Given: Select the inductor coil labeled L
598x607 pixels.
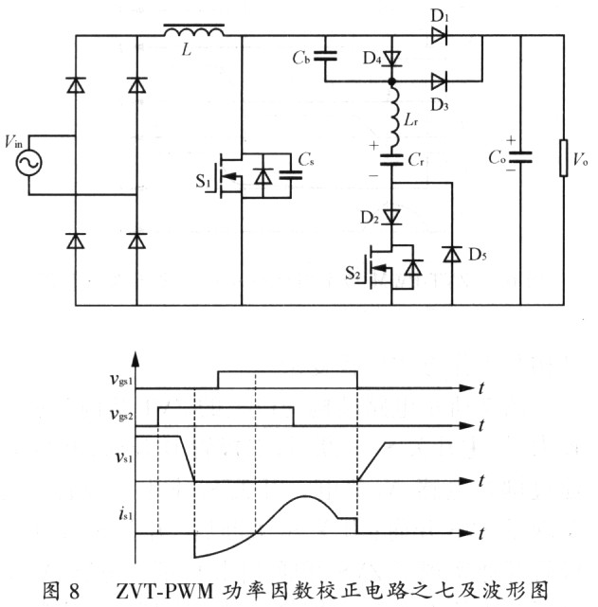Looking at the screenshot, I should click(193, 34).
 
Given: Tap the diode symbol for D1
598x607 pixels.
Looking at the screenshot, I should click(438, 36).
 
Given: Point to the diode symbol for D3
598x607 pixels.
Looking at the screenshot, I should click(438, 82).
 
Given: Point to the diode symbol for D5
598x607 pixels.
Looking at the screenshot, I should click(452, 254).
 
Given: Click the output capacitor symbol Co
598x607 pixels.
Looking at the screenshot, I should click(520, 157).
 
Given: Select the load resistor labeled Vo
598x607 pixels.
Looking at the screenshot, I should click(564, 156).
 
